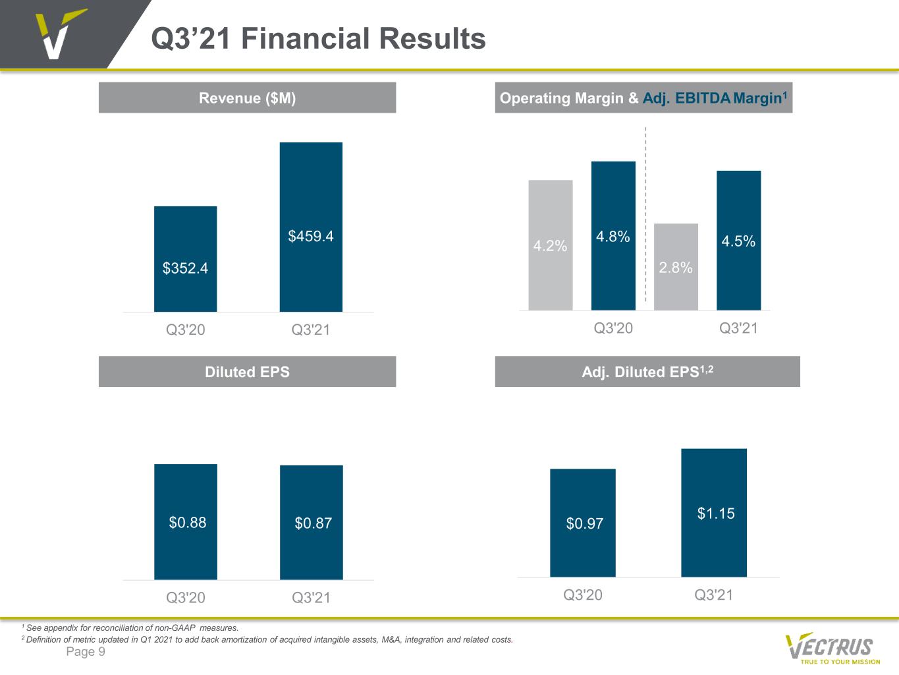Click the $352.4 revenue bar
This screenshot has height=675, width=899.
pyautogui.click(x=186, y=259)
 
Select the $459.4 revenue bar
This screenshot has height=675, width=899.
pyautogui.click(x=311, y=227)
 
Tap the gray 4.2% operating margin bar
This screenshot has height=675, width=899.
pyautogui.click(x=551, y=245)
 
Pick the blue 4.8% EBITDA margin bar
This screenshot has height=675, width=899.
pyautogui.click(x=613, y=235)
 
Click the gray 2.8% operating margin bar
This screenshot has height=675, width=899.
pyautogui.click(x=676, y=267)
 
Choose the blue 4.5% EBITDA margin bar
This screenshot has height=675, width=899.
pyautogui.click(x=738, y=240)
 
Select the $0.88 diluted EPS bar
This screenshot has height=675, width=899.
pyautogui.click(x=186, y=521)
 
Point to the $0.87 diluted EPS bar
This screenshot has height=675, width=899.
pyautogui.click(x=312, y=523)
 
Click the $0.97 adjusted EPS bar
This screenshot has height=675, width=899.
pyautogui.click(x=582, y=523)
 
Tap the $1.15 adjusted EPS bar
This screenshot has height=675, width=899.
pyautogui.click(x=714, y=513)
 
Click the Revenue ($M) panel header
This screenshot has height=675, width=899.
pyautogui.click(x=248, y=98)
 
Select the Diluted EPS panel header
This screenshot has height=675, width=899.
pyautogui.click(x=248, y=371)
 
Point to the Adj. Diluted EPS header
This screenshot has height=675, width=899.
pyautogui.click(x=647, y=371)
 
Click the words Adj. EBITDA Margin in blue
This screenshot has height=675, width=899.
pyautogui.click(x=712, y=98)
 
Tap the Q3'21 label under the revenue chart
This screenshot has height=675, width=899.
pyautogui.click(x=310, y=330)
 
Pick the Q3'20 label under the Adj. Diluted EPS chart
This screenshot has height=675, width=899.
pyautogui.click(x=583, y=595)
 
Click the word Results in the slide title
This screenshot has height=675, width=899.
pyautogui.click(x=432, y=38)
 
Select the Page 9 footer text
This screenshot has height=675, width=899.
pyautogui.click(x=86, y=652)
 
